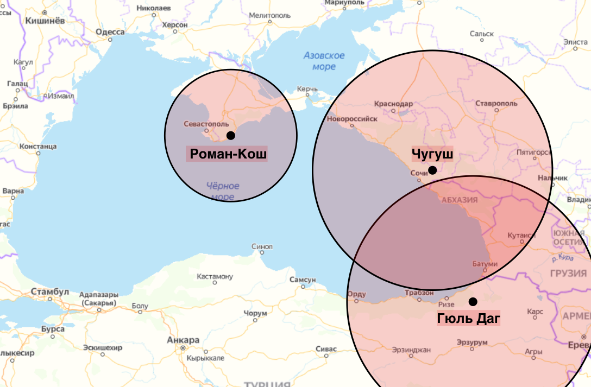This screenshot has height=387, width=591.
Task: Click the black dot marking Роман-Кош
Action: coord(231,135)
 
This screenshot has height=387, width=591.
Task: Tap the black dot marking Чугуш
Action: coord(432,170)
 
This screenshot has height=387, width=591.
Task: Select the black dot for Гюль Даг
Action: coord(473,301)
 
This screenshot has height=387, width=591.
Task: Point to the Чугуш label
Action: coord(432,154)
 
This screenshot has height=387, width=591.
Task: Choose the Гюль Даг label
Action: coord(468,319)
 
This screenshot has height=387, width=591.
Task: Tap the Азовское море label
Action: coord(324,61)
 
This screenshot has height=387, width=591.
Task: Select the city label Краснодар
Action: coord(394,104)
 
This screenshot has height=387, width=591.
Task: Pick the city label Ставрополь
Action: coord(496,103)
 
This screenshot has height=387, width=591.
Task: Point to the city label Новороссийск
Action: coord(353,118)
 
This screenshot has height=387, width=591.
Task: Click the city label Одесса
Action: coord(110,32)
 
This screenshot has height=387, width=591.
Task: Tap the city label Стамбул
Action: coord(50,292)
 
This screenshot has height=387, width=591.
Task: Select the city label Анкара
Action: coord(183,340)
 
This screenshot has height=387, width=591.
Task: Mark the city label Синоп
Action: coord(262,246)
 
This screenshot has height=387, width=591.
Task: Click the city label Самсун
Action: coord(303,280)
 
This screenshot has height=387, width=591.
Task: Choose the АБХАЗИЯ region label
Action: coord(460,200)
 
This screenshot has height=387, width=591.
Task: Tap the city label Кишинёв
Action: coord(45,21)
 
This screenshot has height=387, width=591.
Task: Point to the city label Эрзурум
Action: coord(471,342)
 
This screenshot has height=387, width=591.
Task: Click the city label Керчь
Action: coord(307,88)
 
